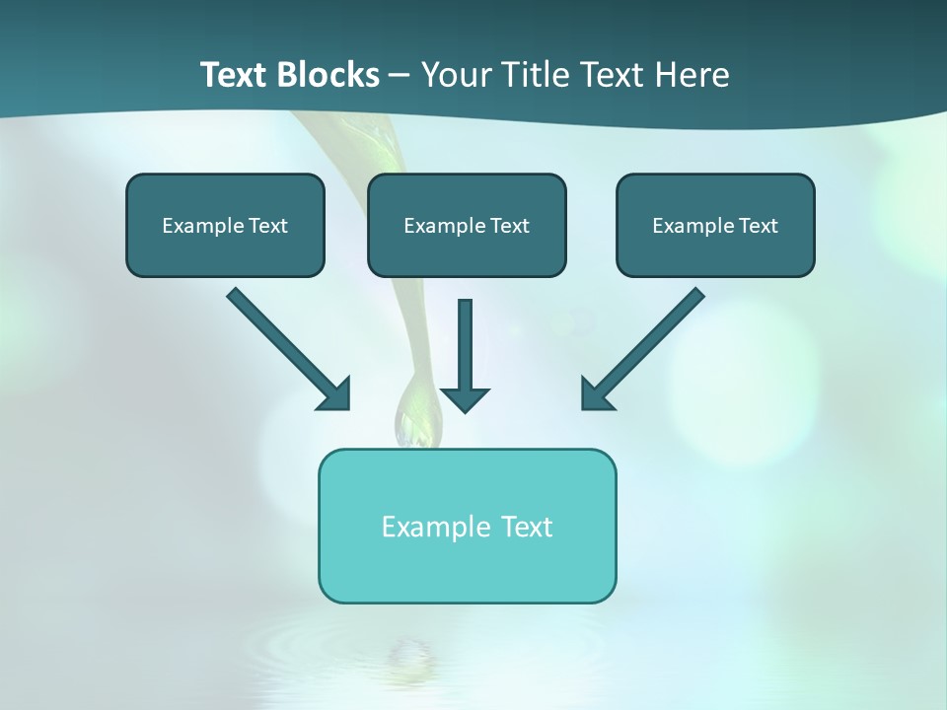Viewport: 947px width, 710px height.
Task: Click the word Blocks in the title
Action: coord(328,75)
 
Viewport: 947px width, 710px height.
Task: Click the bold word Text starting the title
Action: coord(236,75)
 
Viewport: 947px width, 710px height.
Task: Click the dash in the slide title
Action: coord(400,76)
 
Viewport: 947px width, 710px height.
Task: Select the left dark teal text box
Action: coord(225,225)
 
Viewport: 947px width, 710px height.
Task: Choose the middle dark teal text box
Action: coord(467,225)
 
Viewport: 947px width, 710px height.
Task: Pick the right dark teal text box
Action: coord(715,225)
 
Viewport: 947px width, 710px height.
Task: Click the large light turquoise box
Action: coord(467,526)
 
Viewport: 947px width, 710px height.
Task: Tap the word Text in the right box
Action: coord(758,226)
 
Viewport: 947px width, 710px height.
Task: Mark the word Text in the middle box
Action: coord(509,226)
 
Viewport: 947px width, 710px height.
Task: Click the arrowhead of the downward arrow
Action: coord(465,398)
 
